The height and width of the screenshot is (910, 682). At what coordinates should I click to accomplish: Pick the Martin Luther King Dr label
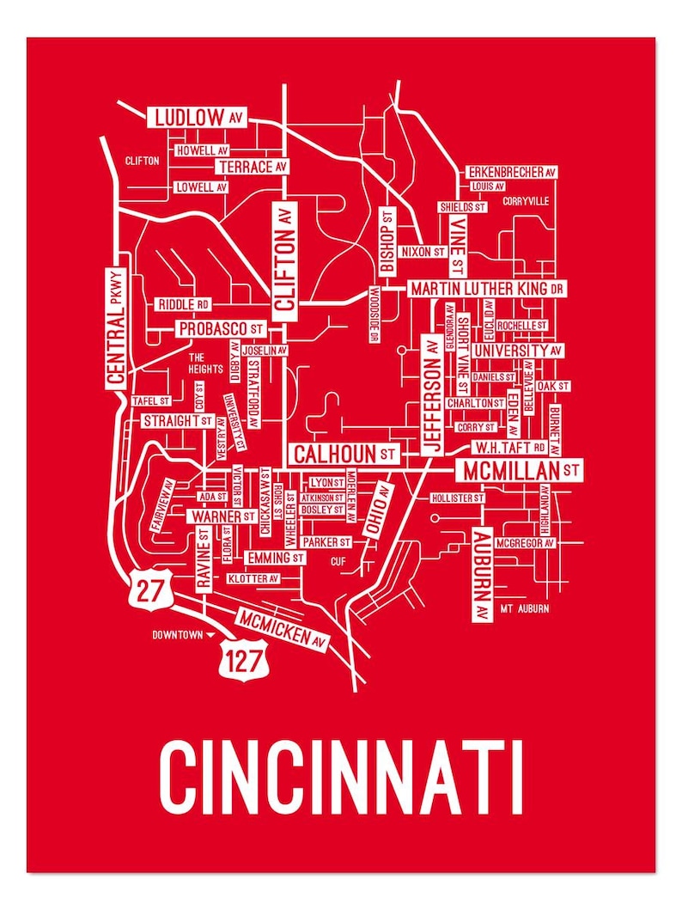coord(486,289)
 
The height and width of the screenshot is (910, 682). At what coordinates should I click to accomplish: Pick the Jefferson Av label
coord(433,394)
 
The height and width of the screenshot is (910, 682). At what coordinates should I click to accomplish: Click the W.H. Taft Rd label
coord(510,448)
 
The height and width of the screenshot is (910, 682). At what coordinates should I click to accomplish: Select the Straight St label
coord(177,421)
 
